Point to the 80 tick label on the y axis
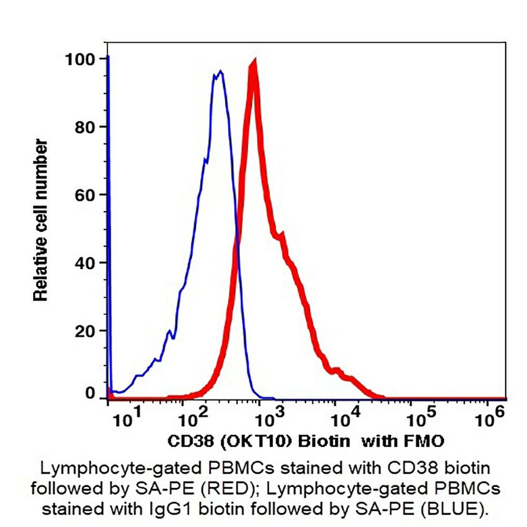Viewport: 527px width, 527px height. pyautogui.click(x=86, y=127)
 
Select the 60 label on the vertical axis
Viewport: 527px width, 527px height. pyautogui.click(x=86, y=195)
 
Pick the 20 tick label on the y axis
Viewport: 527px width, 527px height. pyautogui.click(x=86, y=331)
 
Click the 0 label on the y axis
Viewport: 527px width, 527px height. pyautogui.click(x=90, y=393)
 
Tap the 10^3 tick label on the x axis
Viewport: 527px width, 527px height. pyautogui.click(x=270, y=420)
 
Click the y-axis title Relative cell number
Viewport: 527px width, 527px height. pyautogui.click(x=41, y=221)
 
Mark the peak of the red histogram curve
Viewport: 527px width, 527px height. pyautogui.click(x=253, y=63)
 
